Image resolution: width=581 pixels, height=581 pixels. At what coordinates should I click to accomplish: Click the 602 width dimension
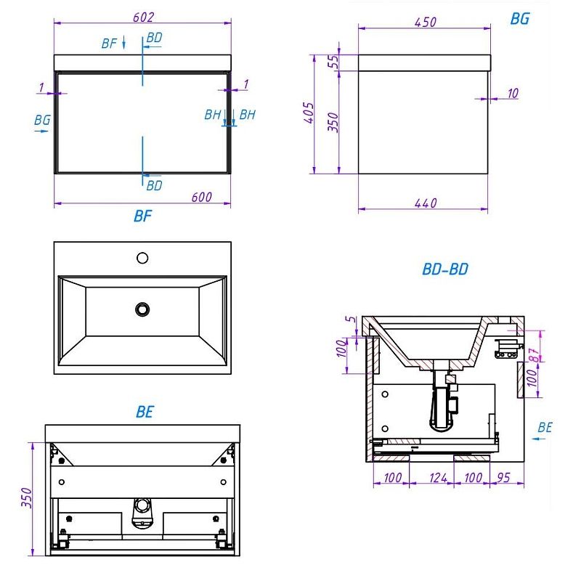pos(143,17)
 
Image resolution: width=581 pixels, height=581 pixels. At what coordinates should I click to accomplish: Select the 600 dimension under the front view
pos(202,197)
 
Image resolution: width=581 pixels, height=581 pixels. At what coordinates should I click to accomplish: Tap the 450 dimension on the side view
pos(425,23)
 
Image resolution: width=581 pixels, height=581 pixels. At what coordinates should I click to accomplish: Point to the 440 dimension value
pos(426,203)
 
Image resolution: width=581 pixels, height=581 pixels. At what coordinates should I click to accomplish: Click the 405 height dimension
pos(309,113)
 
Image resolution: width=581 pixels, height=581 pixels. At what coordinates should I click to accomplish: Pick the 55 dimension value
pos(334,62)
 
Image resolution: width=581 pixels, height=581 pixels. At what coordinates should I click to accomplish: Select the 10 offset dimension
pos(513,94)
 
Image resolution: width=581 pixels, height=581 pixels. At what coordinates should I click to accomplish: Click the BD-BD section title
pos(445,269)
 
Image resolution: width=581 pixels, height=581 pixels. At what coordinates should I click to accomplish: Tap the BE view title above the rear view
pos(145,412)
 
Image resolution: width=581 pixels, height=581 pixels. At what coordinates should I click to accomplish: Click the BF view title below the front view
pos(142,216)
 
